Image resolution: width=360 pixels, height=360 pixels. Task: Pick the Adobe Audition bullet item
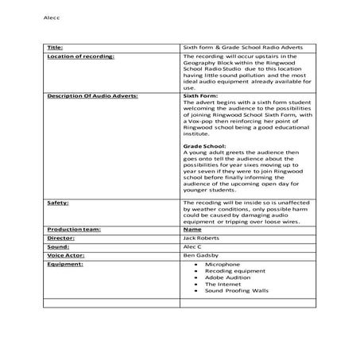227,277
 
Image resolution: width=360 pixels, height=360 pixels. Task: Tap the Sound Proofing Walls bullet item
237,291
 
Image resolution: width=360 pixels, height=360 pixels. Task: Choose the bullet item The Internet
223,284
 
